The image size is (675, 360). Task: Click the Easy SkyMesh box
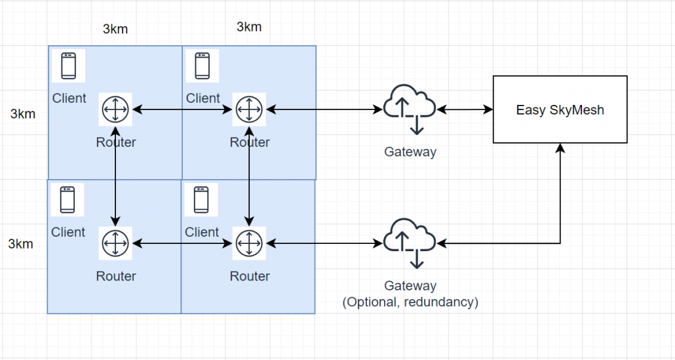[560, 110]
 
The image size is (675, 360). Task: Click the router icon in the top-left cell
[115, 109]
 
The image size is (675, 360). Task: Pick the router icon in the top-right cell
[249, 109]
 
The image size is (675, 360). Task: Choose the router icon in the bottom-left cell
[115, 243]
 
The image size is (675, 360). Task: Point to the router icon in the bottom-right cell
[249, 243]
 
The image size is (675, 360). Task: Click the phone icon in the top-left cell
[68, 66]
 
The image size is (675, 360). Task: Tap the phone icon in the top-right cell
[202, 66]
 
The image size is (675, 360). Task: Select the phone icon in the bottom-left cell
[67, 200]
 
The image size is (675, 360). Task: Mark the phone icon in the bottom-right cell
[201, 200]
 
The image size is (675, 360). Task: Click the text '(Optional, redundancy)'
[410, 302]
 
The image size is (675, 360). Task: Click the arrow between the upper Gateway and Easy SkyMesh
[465, 109]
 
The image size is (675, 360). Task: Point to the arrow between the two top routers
[182, 109]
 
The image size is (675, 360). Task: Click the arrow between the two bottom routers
[182, 243]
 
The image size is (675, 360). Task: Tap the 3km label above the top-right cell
[249, 27]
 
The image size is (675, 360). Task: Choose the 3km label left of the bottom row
[21, 244]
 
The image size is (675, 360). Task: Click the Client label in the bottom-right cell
[202, 232]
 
